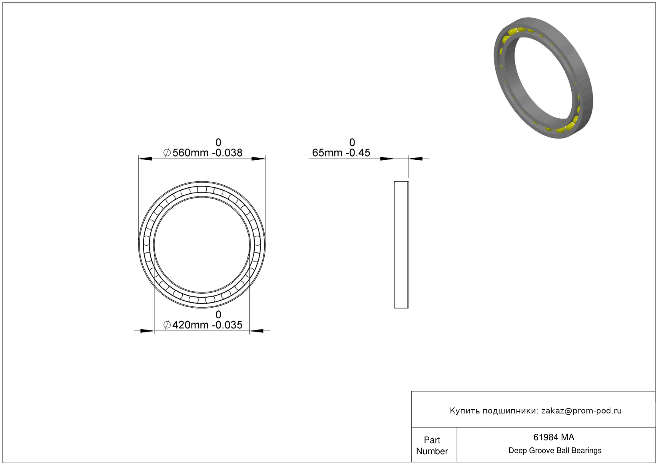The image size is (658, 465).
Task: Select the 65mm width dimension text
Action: pyautogui.click(x=327, y=153)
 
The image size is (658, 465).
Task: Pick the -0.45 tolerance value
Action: pyautogui.click(x=358, y=153)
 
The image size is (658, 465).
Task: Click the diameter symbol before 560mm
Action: pyautogui.click(x=167, y=153)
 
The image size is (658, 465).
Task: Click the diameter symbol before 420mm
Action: pyautogui.click(x=167, y=325)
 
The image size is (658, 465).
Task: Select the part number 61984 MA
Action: pyautogui.click(x=553, y=437)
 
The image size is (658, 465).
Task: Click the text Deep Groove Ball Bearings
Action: pyautogui.click(x=555, y=451)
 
